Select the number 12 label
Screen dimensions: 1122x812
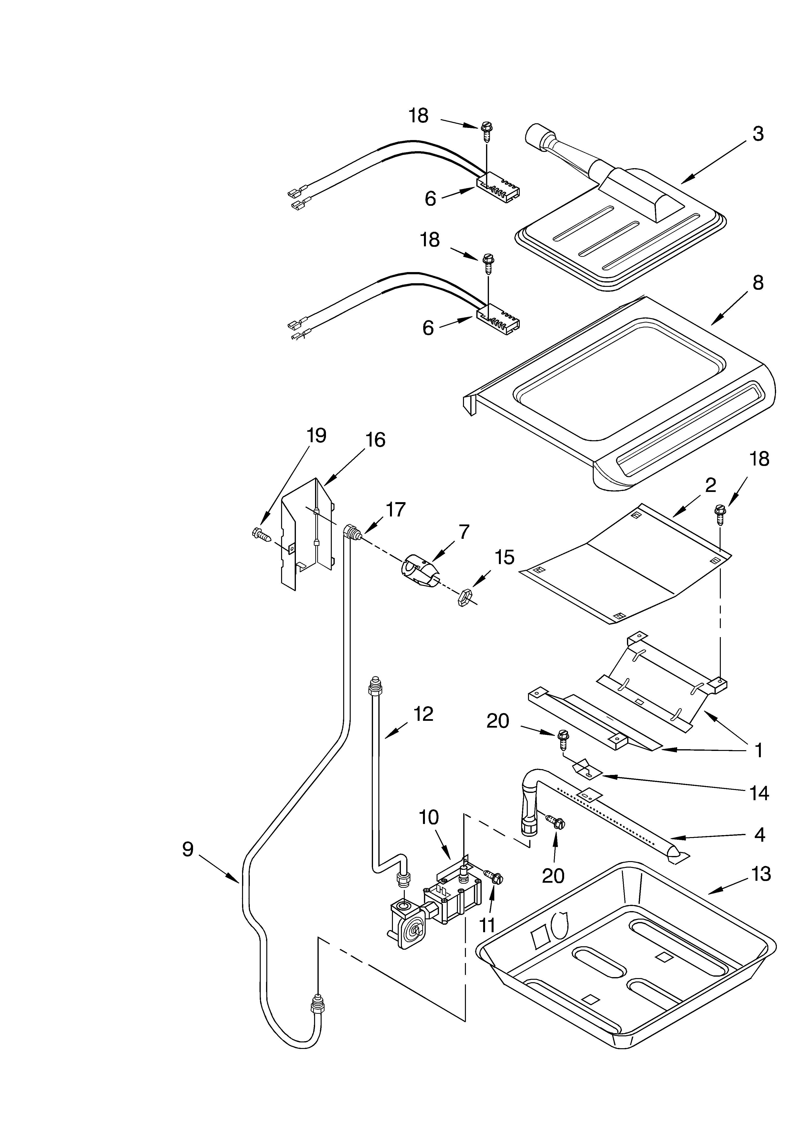coord(423,714)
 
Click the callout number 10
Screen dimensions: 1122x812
coord(429,817)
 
